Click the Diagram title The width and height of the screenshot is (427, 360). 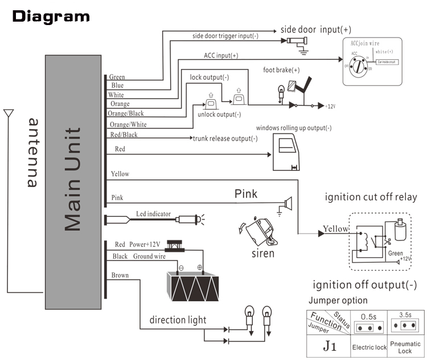pyautogui.click(x=51, y=17)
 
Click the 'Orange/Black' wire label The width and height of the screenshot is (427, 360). pyautogui.click(x=126, y=113)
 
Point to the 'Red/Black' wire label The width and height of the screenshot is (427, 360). pyautogui.click(x=124, y=135)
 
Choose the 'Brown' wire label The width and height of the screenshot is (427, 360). pyautogui.click(x=120, y=275)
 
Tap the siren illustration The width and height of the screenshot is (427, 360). pyautogui.click(x=260, y=231)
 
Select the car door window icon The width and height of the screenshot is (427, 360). pyautogui.click(x=290, y=152)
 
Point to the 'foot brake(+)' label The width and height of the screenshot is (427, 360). pyautogui.click(x=281, y=71)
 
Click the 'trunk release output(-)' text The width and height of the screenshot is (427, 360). pyautogui.click(x=225, y=138)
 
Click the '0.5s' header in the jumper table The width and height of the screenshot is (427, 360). pyautogui.click(x=369, y=316)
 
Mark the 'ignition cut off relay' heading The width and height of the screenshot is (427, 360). pyautogui.click(x=371, y=198)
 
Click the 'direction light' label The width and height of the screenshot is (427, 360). pyautogui.click(x=178, y=320)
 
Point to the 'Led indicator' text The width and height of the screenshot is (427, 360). pyautogui.click(x=153, y=214)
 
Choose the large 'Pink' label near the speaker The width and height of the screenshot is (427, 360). pyautogui.click(x=246, y=194)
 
